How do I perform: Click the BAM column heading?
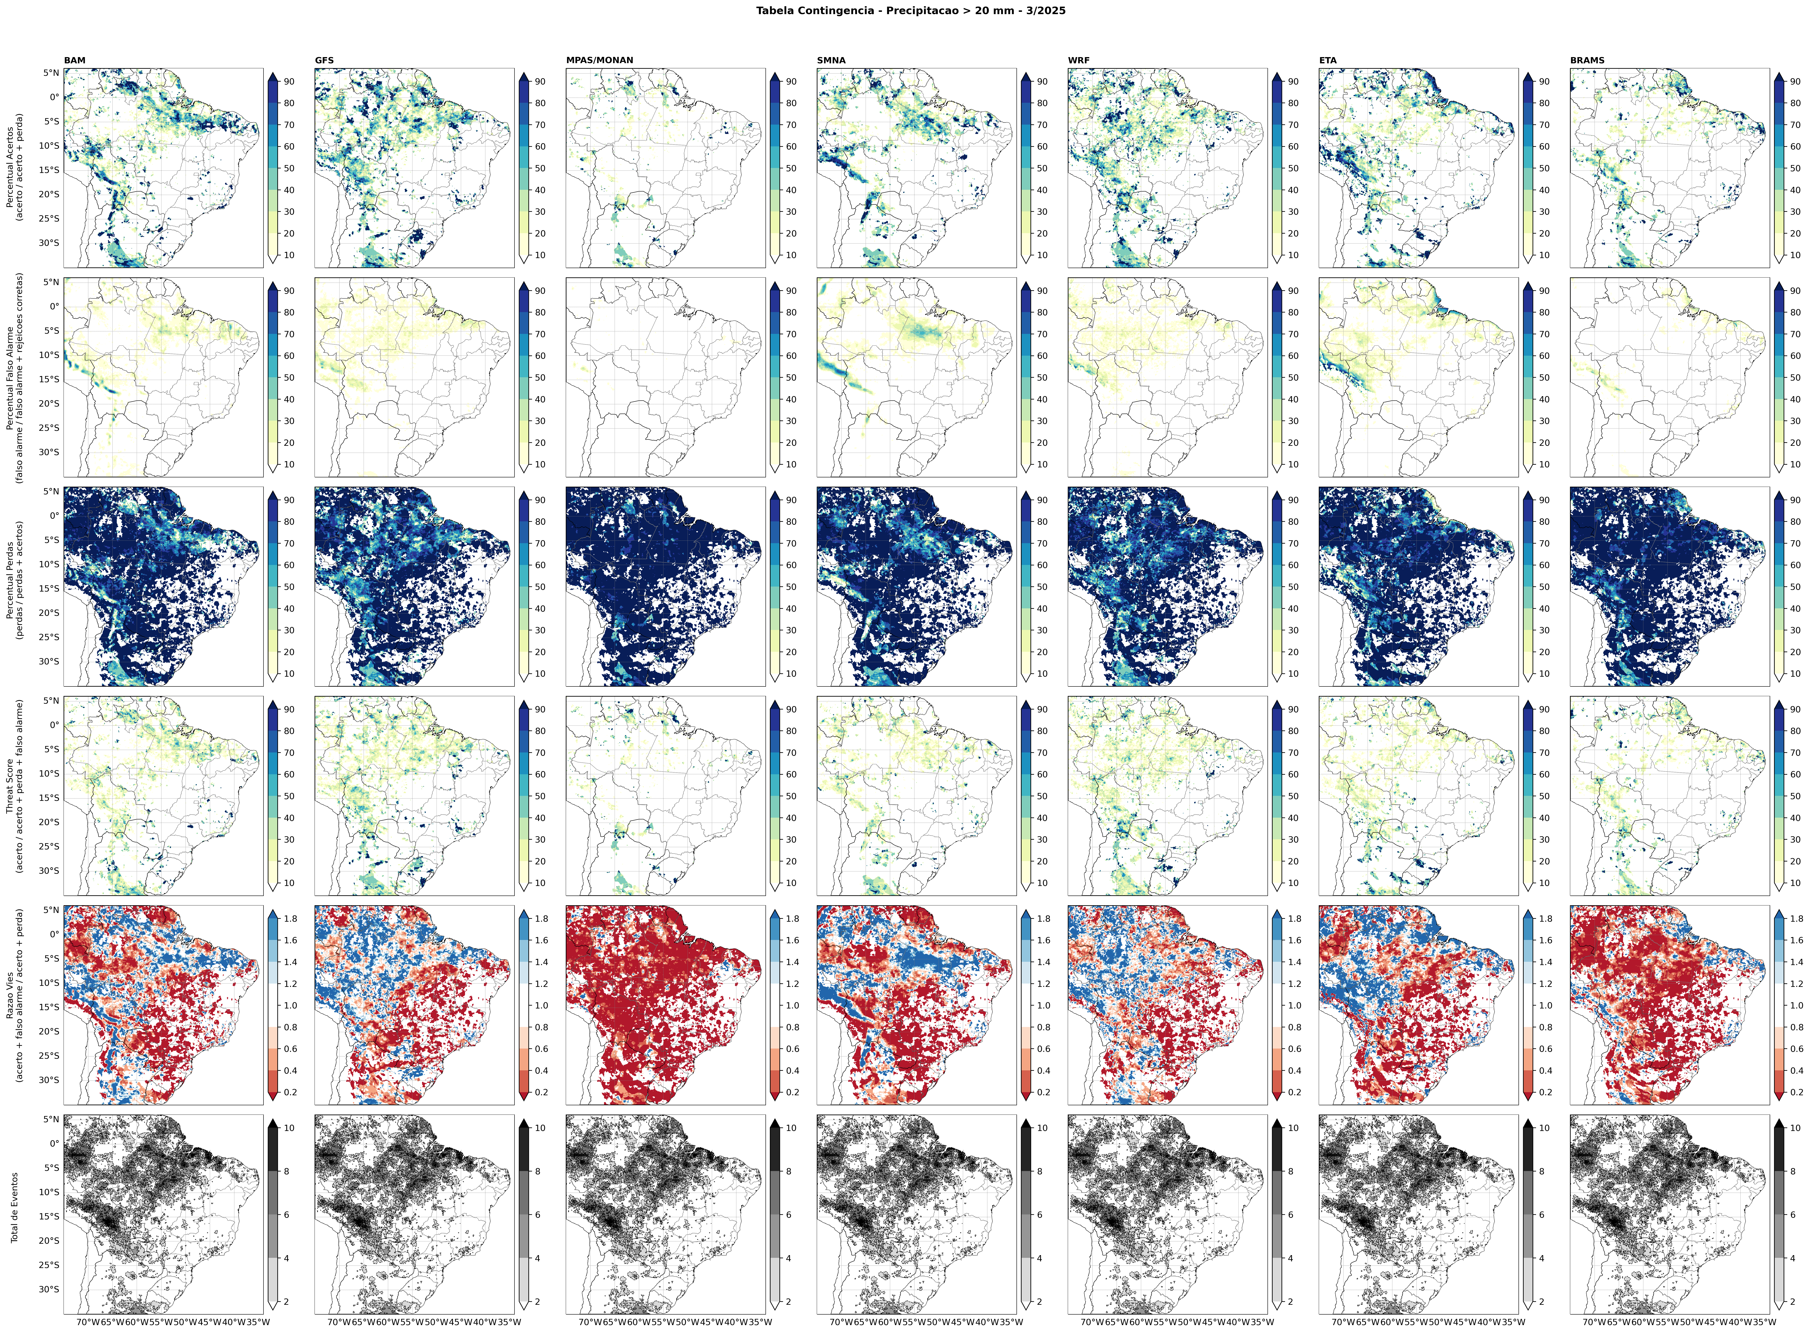coord(74,60)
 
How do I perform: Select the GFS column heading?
coord(324,60)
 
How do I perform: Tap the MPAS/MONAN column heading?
coord(599,60)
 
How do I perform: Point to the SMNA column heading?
coord(831,60)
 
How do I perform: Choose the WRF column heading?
coord(1079,60)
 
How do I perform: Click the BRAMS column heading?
coord(1586,60)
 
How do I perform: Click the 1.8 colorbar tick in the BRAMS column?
coord(1795,919)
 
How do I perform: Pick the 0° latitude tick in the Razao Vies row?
coord(53,934)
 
